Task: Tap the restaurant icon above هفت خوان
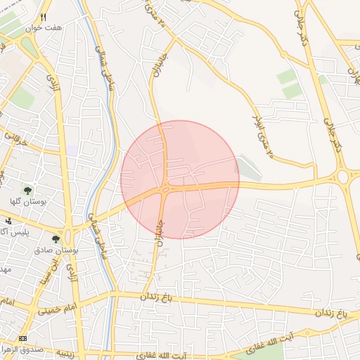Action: pos(44,17)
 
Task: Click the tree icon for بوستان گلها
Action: pos(28,191)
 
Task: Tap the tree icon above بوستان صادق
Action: pos(56,240)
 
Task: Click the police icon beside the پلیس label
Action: pos(8,221)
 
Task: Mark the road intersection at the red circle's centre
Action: pos(165,188)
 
